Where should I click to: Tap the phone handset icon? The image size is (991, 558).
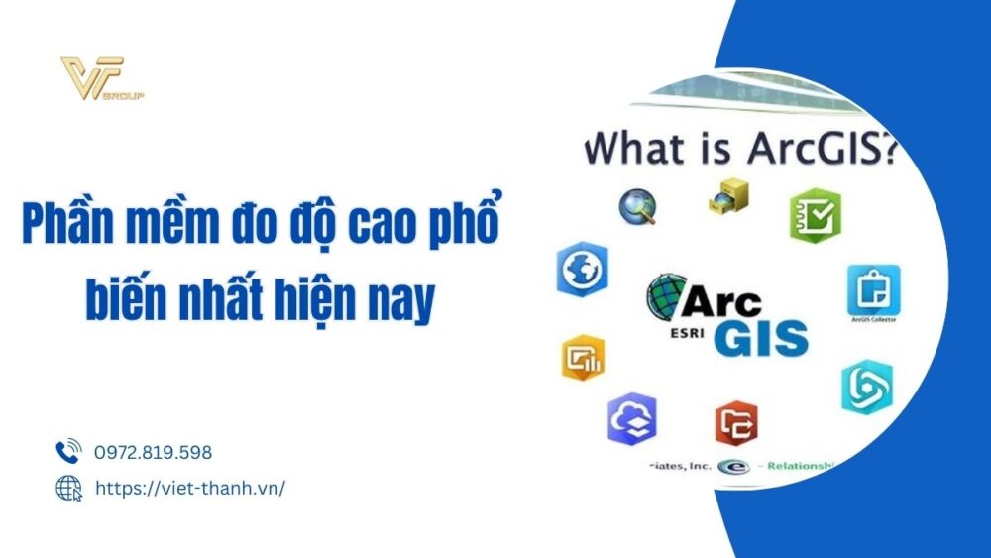pos(67,453)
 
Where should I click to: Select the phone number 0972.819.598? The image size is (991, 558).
pos(154,453)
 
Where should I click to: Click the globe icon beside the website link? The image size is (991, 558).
pos(67,488)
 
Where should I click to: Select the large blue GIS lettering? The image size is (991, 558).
pos(762,336)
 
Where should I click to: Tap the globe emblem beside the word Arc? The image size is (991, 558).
pos(667,296)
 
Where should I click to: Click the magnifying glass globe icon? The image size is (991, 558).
pos(637,206)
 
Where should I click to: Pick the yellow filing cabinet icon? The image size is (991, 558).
pos(728,197)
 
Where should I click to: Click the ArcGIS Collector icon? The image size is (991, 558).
pos(873,289)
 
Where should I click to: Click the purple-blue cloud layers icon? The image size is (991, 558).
pos(631,419)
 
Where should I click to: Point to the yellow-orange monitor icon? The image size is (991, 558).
pos(582,356)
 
